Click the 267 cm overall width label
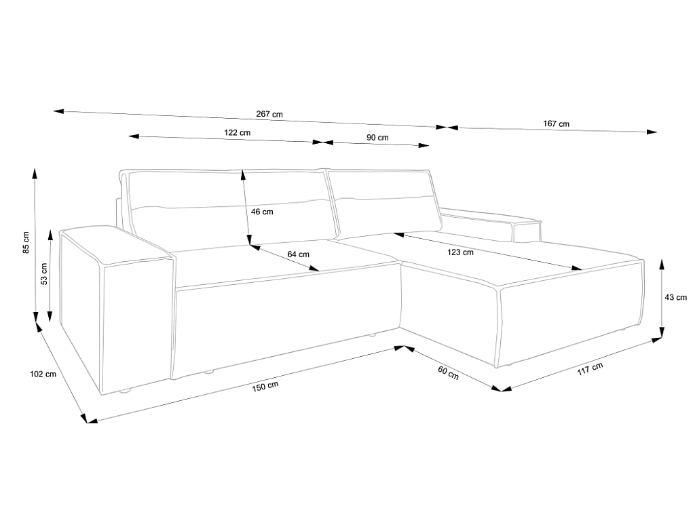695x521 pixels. [x=269, y=114]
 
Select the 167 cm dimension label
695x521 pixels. [x=557, y=123]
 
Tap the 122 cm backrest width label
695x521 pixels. [x=237, y=132]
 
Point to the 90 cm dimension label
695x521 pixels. [x=377, y=138]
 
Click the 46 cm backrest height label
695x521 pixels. [x=263, y=212]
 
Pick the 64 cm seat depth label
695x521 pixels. [x=299, y=254]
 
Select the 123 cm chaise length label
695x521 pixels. [x=461, y=252]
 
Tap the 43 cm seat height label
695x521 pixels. [x=675, y=297]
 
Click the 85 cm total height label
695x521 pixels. [x=26, y=242]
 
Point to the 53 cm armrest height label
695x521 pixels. [x=43, y=274]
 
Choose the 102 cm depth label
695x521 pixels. [x=43, y=374]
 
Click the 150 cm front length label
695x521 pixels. [x=265, y=386]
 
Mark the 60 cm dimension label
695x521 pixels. [x=448, y=372]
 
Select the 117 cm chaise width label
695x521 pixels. [x=590, y=368]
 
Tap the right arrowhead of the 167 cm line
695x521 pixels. [x=652, y=132]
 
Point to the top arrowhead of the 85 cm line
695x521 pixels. [x=35, y=173]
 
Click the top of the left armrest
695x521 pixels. [x=116, y=244]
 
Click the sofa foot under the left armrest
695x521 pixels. [x=126, y=391]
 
